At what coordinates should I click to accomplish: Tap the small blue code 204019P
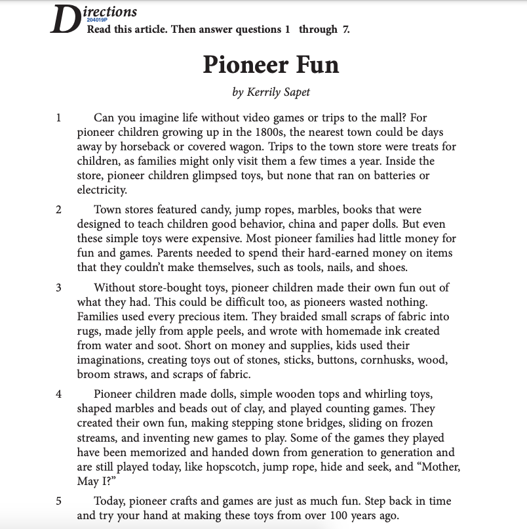96,22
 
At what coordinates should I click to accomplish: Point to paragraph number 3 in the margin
58,287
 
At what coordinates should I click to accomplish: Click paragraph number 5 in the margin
58,501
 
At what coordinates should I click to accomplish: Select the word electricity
101,190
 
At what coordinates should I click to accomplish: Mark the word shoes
392,267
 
